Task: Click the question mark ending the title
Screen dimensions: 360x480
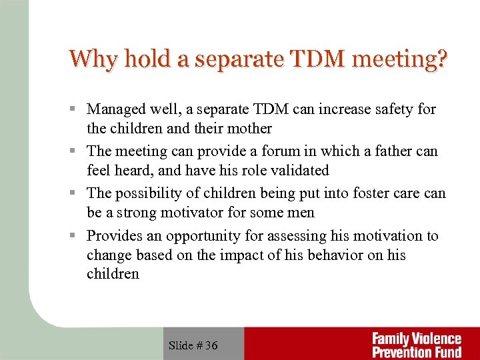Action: (441, 59)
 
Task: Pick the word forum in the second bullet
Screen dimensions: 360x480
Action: (278, 151)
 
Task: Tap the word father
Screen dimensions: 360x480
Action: (390, 151)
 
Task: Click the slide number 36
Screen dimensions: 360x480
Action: (211, 345)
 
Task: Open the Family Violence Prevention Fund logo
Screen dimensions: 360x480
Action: (417, 345)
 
